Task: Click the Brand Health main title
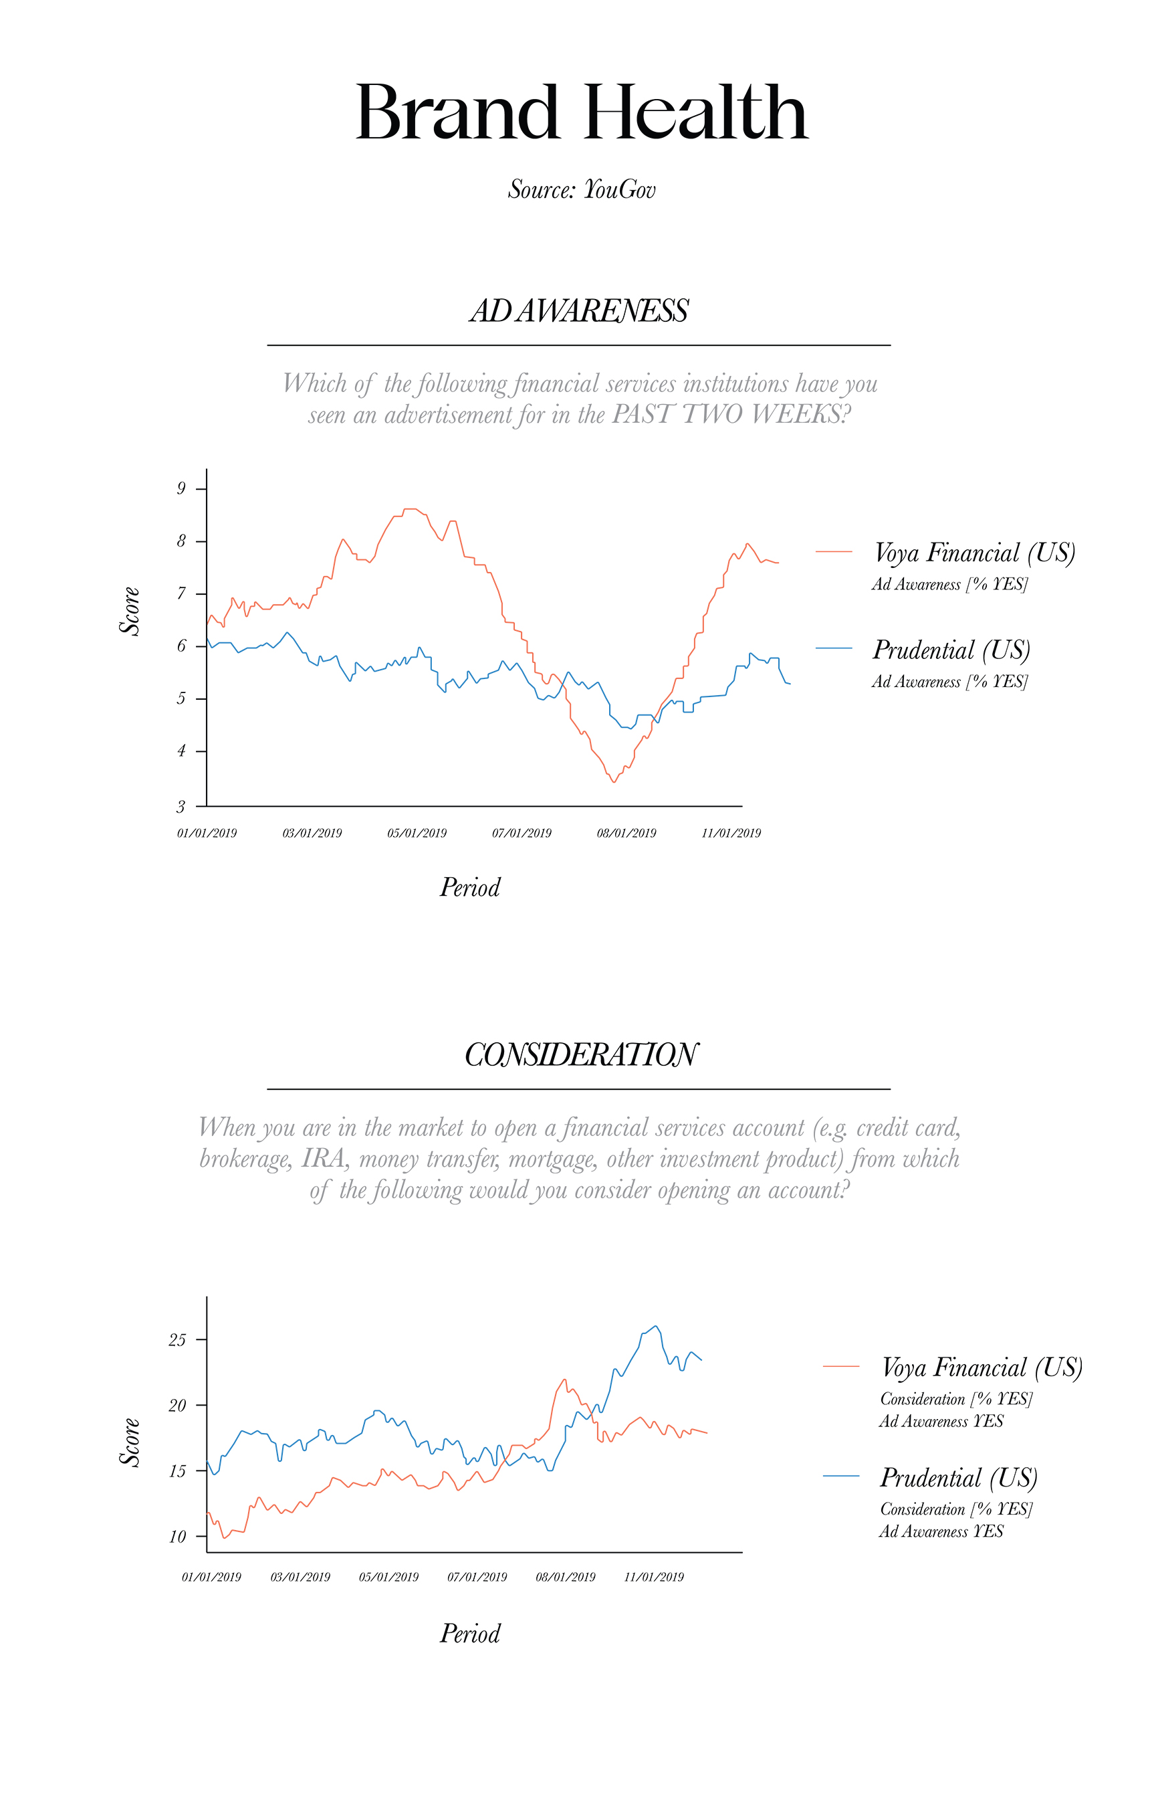[582, 114]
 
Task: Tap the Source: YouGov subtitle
[582, 190]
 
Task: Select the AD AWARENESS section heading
[579, 311]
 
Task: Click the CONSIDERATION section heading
[580, 1055]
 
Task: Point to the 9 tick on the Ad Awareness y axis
[181, 488]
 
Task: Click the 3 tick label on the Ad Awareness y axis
[181, 807]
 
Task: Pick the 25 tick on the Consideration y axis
[178, 1340]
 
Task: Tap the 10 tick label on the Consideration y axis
[178, 1537]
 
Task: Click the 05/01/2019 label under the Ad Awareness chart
[417, 833]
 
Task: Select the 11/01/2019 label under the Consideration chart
[654, 1577]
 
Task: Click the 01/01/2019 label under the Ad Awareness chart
[207, 833]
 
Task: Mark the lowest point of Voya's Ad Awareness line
[614, 782]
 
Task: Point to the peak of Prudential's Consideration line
[656, 1326]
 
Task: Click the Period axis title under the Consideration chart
[470, 1634]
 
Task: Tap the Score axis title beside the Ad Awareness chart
[130, 611]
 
